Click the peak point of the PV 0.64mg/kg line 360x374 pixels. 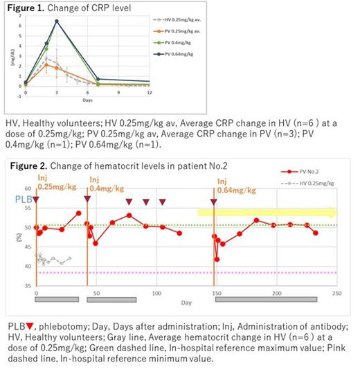(56, 21)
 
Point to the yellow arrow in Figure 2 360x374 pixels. (267, 213)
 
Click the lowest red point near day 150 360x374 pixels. (217, 259)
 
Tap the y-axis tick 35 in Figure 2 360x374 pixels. (28, 285)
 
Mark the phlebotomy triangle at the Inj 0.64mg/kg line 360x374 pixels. (214, 202)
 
